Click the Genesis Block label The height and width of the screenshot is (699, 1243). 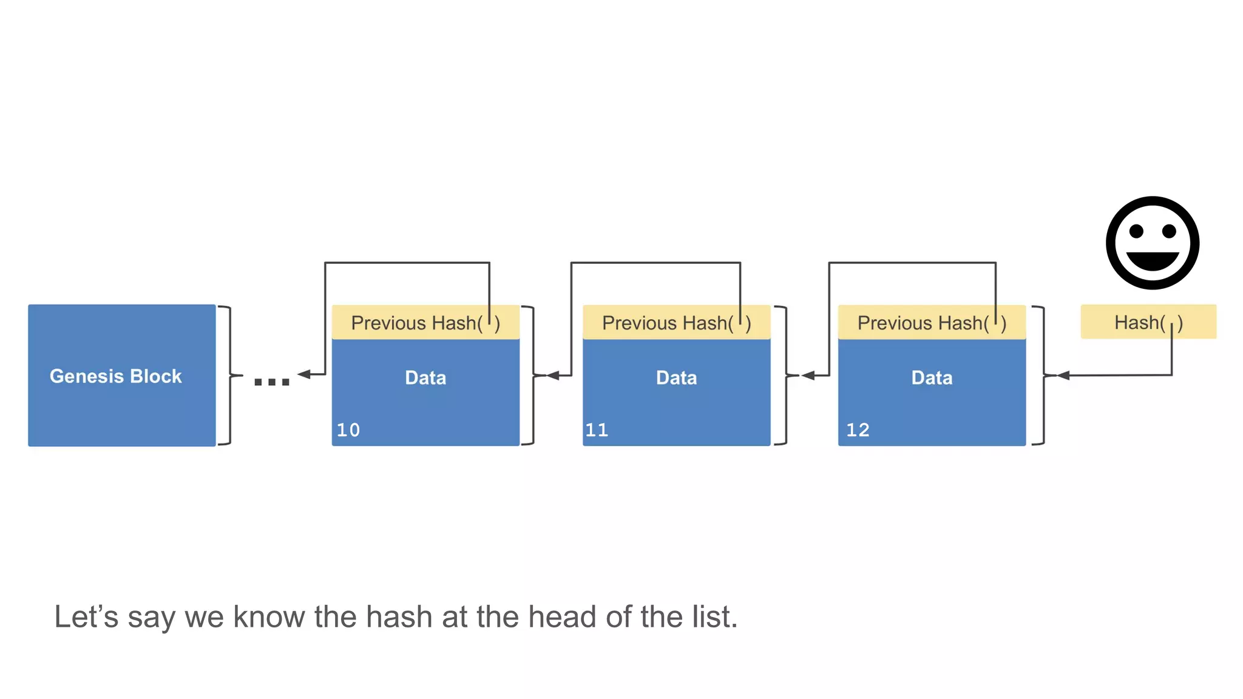[116, 376]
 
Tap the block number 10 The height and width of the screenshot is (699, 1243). [348, 430]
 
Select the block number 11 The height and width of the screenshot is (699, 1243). [597, 430]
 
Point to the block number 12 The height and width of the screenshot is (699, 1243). [858, 430]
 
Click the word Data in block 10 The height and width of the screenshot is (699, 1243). [425, 378]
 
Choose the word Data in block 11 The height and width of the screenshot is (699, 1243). [676, 378]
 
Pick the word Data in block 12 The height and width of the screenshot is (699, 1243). [932, 378]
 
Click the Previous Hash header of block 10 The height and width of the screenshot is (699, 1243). [425, 323]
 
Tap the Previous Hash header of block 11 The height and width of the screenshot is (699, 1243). [676, 323]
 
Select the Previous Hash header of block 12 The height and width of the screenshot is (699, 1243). [932, 323]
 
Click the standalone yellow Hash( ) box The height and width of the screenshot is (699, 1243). [1148, 322]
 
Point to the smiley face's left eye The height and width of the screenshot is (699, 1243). [1136, 231]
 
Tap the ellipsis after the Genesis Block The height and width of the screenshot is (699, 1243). [271, 382]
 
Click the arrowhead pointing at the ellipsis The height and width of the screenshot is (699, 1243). [304, 374]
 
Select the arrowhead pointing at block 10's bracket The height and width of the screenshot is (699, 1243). [552, 376]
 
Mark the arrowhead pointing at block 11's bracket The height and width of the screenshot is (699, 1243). [808, 376]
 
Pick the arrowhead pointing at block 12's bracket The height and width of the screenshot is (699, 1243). [1063, 376]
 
